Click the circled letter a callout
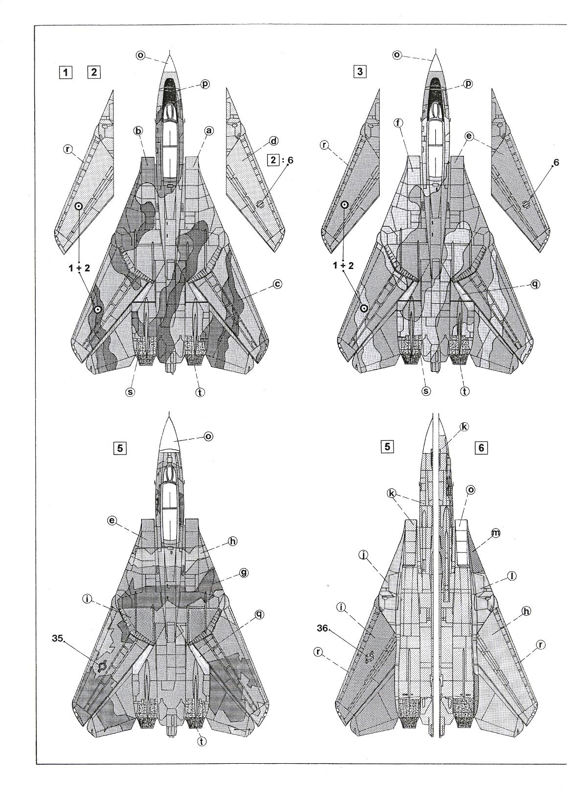coord(209,131)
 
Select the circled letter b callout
coord(138,131)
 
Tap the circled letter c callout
coord(277,284)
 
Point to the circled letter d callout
coord(273,141)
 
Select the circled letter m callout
coord(496,533)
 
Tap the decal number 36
coord(322,629)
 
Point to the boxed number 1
coord(66,73)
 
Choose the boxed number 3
coord(360,72)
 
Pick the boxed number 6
coord(481,448)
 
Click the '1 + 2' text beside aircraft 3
coord(343,266)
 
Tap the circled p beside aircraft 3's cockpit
coord(468,83)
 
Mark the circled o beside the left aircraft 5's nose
coord(208,436)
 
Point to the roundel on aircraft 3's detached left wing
coord(344,205)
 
